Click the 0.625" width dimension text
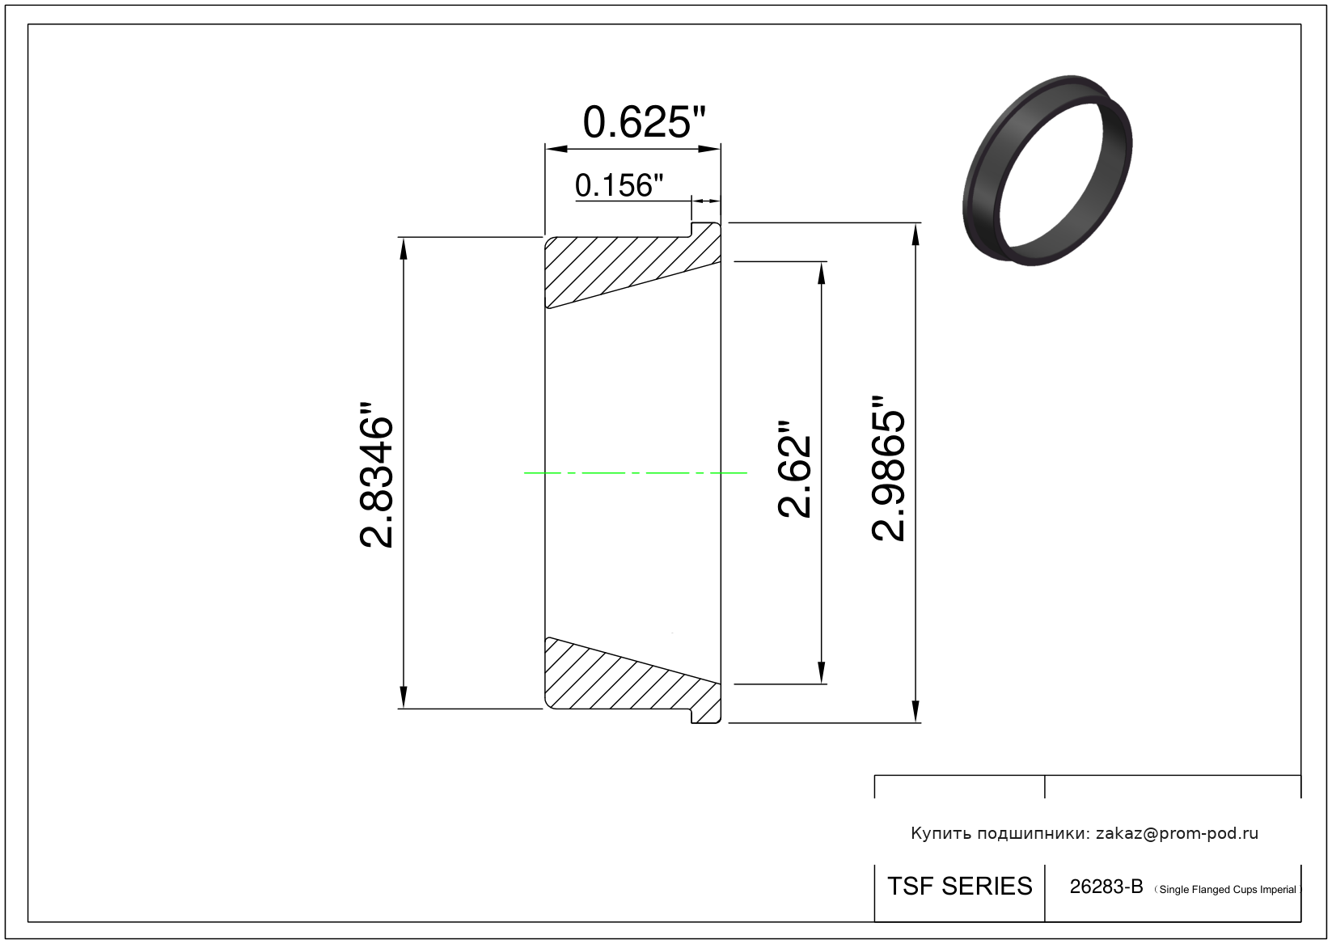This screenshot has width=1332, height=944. pyautogui.click(x=644, y=122)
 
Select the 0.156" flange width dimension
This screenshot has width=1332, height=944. pyautogui.click(x=619, y=185)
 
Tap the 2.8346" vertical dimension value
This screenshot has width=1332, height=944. pyautogui.click(x=377, y=474)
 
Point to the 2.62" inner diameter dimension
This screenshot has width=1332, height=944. pyautogui.click(x=795, y=469)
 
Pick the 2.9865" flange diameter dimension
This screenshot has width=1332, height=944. pyautogui.click(x=888, y=468)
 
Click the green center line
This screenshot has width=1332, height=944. pyautogui.click(x=635, y=473)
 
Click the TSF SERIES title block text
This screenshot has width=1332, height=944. pyautogui.click(x=960, y=887)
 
